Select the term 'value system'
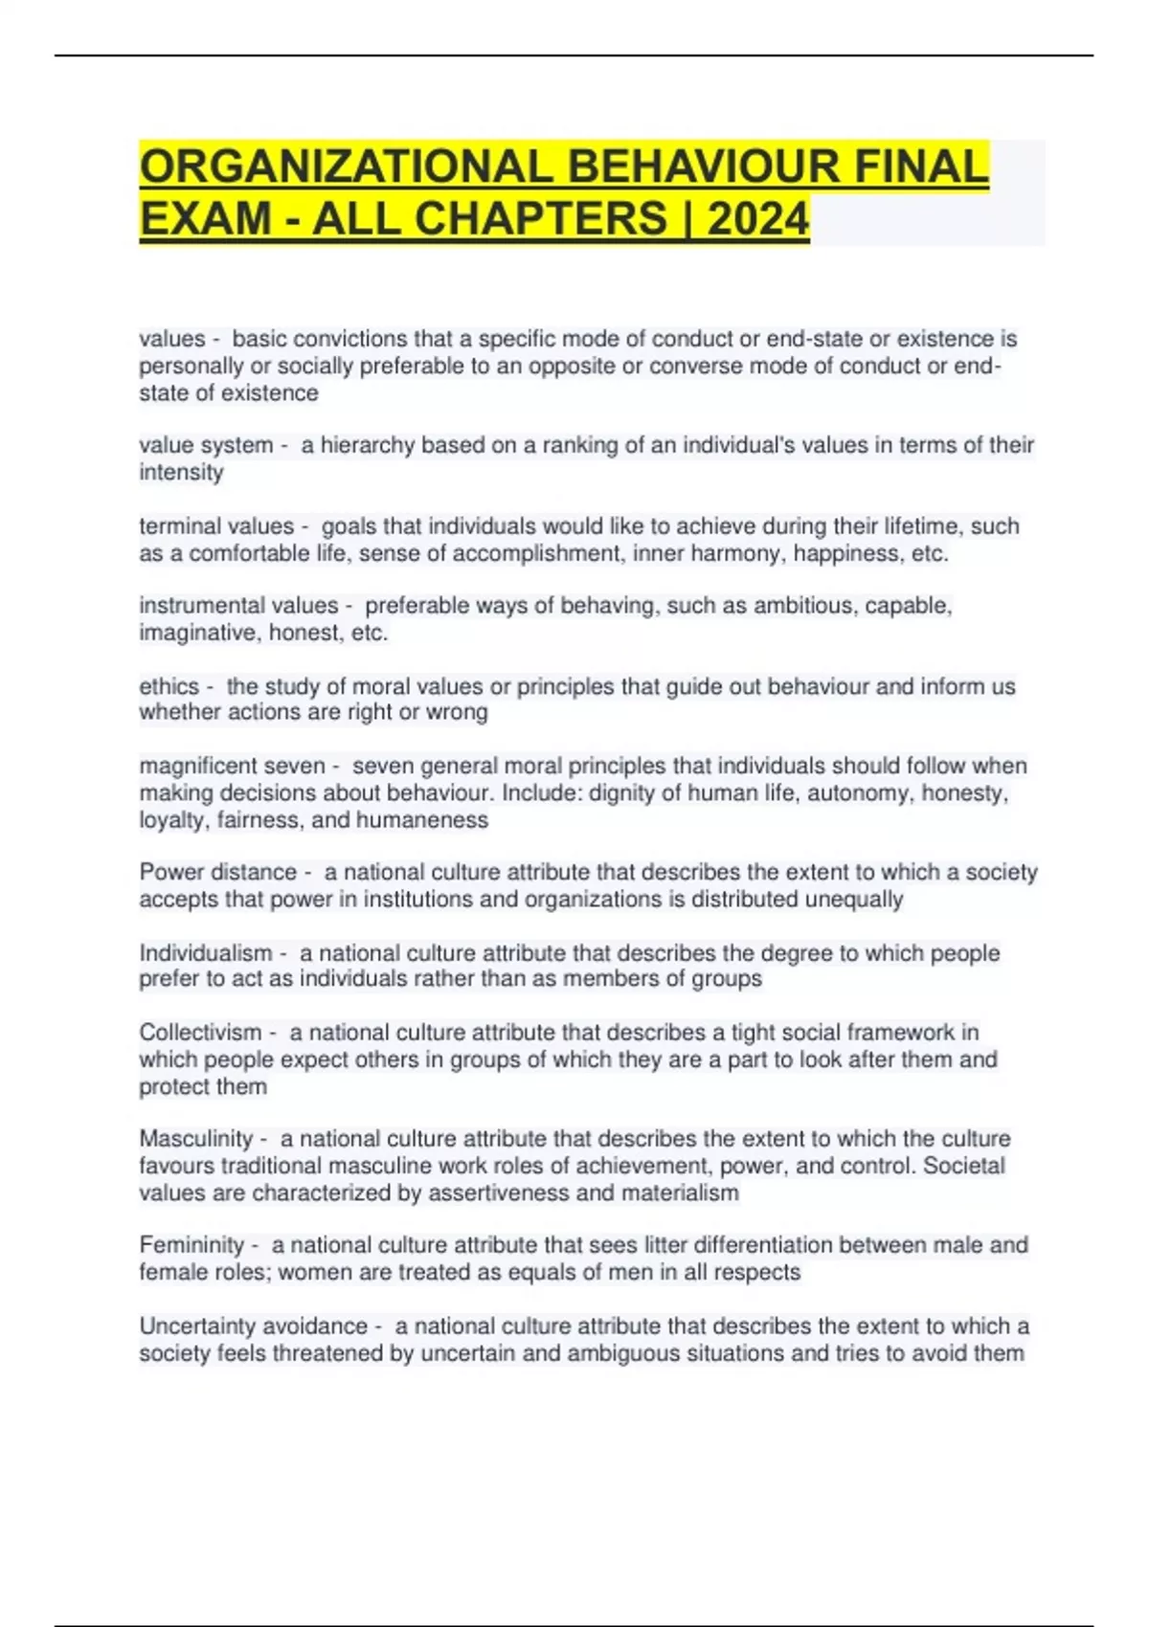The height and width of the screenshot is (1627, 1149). click(206, 445)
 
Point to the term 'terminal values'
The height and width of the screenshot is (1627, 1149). click(216, 526)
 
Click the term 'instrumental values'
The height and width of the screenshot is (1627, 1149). click(238, 606)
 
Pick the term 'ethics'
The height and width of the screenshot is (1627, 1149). click(169, 686)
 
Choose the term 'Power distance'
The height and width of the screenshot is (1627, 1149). click(218, 872)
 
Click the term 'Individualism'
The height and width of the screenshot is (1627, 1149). click(206, 953)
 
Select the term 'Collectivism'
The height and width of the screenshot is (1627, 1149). click(200, 1033)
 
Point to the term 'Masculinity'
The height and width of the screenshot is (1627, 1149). click(196, 1139)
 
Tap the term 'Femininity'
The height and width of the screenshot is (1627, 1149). click(191, 1245)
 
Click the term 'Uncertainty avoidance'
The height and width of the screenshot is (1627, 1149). click(254, 1326)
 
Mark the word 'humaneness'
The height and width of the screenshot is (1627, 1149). click(422, 820)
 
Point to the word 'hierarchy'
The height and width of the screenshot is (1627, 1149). click(366, 445)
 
